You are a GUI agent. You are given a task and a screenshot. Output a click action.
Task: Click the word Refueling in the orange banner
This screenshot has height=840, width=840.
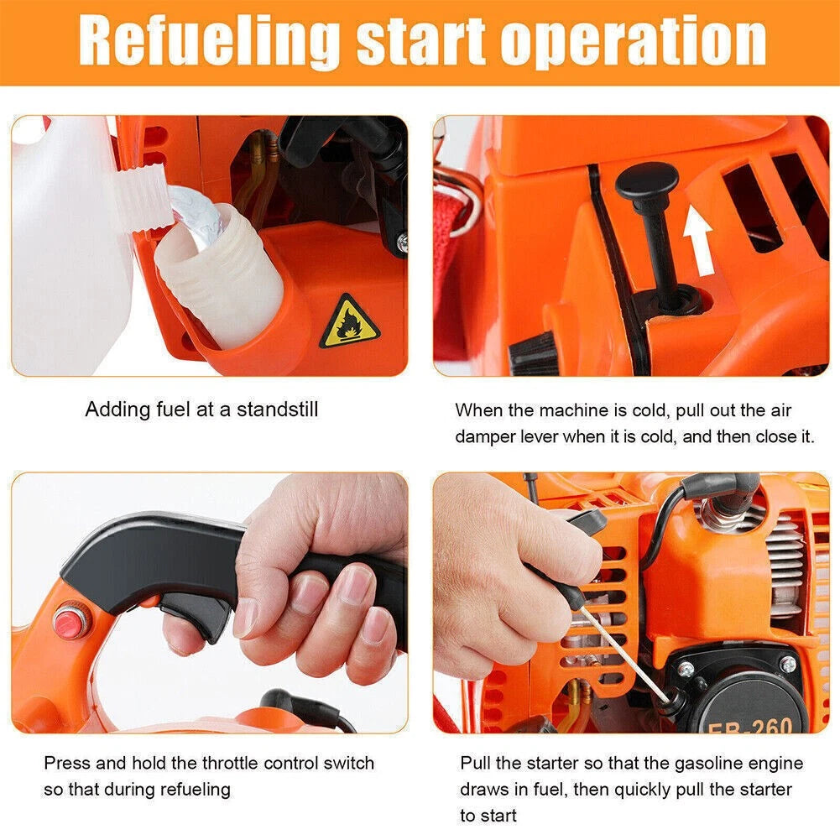tap(209, 41)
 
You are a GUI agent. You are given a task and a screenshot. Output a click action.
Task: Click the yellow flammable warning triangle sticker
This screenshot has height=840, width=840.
tap(350, 322)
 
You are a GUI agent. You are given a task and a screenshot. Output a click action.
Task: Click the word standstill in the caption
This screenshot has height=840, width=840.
tap(278, 410)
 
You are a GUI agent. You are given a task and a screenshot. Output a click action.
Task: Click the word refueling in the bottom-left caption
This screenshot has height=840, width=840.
tap(196, 790)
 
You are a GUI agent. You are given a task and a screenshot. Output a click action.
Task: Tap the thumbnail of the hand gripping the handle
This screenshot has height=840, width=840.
tap(210, 603)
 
